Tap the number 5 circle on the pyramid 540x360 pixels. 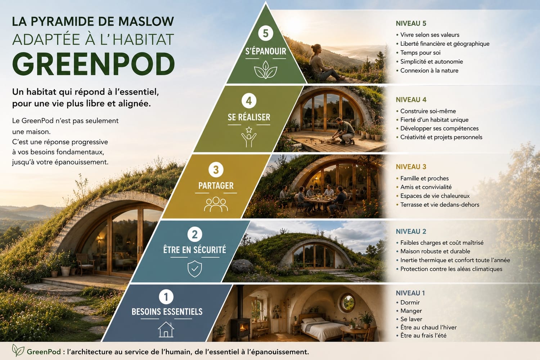[x=265, y=33]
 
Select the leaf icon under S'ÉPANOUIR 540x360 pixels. [x=265, y=70]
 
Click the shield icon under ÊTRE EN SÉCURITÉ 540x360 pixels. [x=194, y=268]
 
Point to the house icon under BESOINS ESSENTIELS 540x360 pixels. [x=166, y=329]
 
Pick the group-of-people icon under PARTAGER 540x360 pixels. [x=216, y=204]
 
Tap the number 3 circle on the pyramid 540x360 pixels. [x=216, y=170]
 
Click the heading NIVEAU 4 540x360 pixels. [x=411, y=100]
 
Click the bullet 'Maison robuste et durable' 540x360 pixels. [x=435, y=251]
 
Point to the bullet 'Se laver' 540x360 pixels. [x=411, y=319]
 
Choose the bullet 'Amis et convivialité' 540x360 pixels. [x=426, y=187]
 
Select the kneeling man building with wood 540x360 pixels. [x=343, y=132]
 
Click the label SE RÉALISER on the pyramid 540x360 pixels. [x=249, y=117]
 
